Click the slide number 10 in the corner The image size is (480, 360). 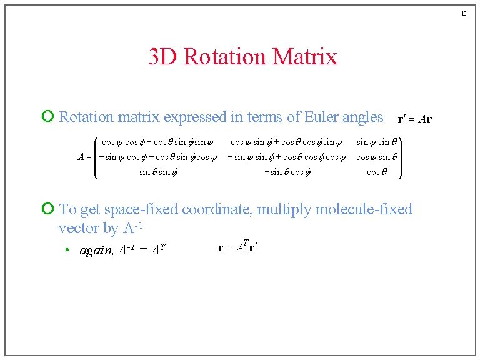(464, 13)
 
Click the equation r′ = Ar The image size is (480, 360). (415, 118)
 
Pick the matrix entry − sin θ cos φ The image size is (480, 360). (287, 172)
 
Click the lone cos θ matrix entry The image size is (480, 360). (372, 172)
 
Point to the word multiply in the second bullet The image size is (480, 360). (284, 209)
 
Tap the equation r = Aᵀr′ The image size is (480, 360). (238, 247)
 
